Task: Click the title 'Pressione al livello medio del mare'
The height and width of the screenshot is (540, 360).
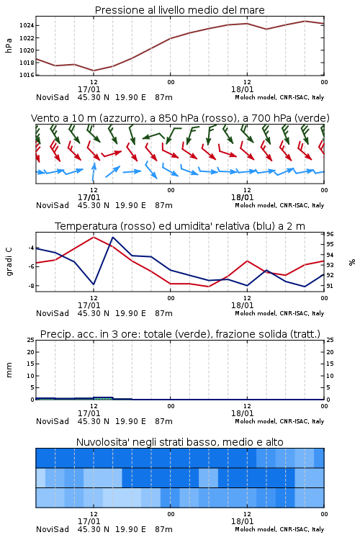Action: point(179,10)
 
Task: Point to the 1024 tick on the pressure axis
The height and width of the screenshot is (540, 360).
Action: point(26,25)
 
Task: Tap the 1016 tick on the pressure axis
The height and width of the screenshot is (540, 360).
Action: point(26,75)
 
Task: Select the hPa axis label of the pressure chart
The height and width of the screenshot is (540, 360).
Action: point(9,45)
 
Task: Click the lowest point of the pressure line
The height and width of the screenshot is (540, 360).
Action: point(94,71)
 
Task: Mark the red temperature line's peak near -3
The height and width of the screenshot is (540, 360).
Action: point(94,237)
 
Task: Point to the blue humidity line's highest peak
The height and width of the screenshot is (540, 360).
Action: point(112,237)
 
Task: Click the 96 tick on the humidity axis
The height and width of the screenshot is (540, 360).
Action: point(330,234)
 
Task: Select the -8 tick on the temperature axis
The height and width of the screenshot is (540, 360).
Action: point(31,286)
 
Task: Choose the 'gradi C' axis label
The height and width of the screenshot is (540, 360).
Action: point(9,262)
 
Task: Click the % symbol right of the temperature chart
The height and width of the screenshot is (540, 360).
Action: point(352,262)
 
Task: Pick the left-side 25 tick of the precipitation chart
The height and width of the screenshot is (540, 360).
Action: point(31,340)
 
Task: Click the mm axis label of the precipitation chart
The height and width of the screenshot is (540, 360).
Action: point(9,370)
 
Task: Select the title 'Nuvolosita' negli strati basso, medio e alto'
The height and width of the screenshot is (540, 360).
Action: point(179,442)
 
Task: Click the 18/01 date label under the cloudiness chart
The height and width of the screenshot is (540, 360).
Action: point(242,521)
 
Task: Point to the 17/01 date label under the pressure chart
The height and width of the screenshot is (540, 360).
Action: point(89,89)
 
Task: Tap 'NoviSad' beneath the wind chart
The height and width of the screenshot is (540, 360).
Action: point(53,205)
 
